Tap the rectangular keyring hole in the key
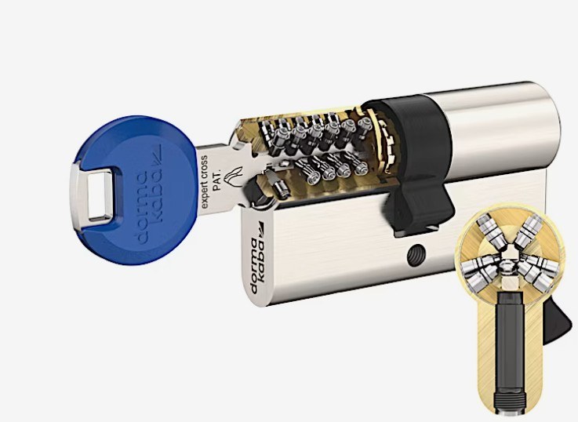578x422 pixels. click(99, 195)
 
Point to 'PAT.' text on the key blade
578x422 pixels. click(217, 180)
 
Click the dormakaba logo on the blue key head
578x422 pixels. click(150, 194)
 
